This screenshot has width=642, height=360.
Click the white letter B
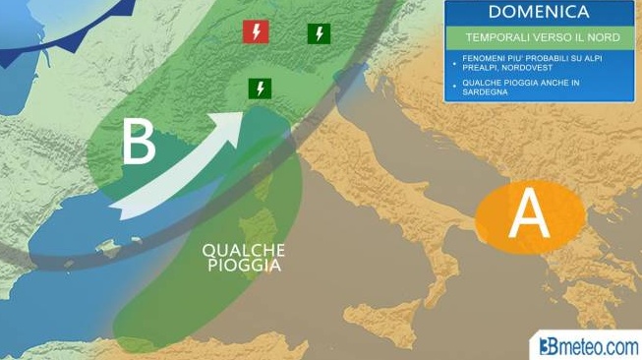[138, 144]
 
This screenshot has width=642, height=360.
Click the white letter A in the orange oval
[528, 215]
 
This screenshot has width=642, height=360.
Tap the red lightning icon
[256, 32]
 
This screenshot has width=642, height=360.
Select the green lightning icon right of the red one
[319, 33]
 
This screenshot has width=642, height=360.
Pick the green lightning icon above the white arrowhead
[260, 89]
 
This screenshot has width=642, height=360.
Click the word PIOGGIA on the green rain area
[243, 266]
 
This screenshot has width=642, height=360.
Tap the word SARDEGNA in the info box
[485, 94]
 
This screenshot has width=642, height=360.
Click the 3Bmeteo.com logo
[585, 345]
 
